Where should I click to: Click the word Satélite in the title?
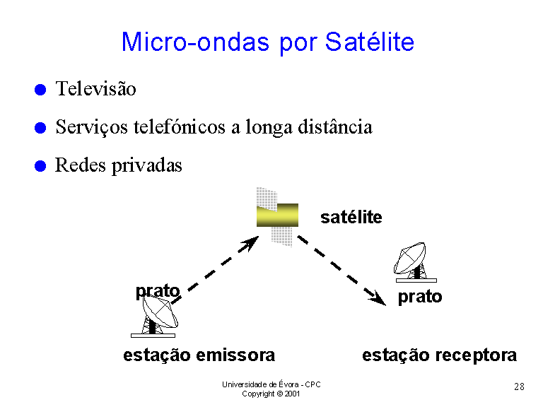(x=370, y=42)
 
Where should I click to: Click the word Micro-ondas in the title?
(x=195, y=42)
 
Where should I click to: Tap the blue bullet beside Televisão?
(x=40, y=90)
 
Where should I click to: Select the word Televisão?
(x=96, y=88)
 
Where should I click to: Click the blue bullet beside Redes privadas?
(x=40, y=166)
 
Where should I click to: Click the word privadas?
(x=147, y=165)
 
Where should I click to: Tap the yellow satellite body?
(x=277, y=216)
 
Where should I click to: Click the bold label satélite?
(x=351, y=218)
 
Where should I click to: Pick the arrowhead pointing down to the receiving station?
(x=377, y=298)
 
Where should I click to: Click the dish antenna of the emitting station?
(x=160, y=312)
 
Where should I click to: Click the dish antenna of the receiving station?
(x=410, y=257)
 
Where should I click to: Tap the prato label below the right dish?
(x=420, y=297)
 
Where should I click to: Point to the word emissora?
(x=235, y=355)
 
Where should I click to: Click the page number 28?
(x=519, y=387)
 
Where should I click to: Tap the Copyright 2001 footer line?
(x=271, y=394)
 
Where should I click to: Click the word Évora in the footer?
(x=288, y=384)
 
